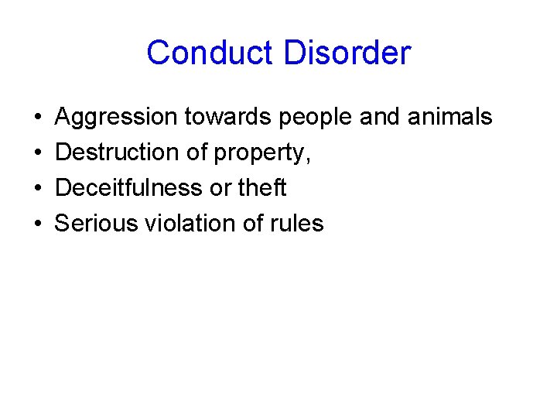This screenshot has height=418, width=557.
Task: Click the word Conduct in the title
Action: (210, 53)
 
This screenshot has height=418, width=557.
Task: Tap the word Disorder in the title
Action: (347, 53)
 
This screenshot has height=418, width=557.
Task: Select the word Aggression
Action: (116, 118)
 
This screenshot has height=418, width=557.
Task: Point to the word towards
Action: (227, 117)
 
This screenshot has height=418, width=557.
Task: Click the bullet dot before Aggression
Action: (38, 118)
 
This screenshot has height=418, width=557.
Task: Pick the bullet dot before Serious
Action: (38, 224)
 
